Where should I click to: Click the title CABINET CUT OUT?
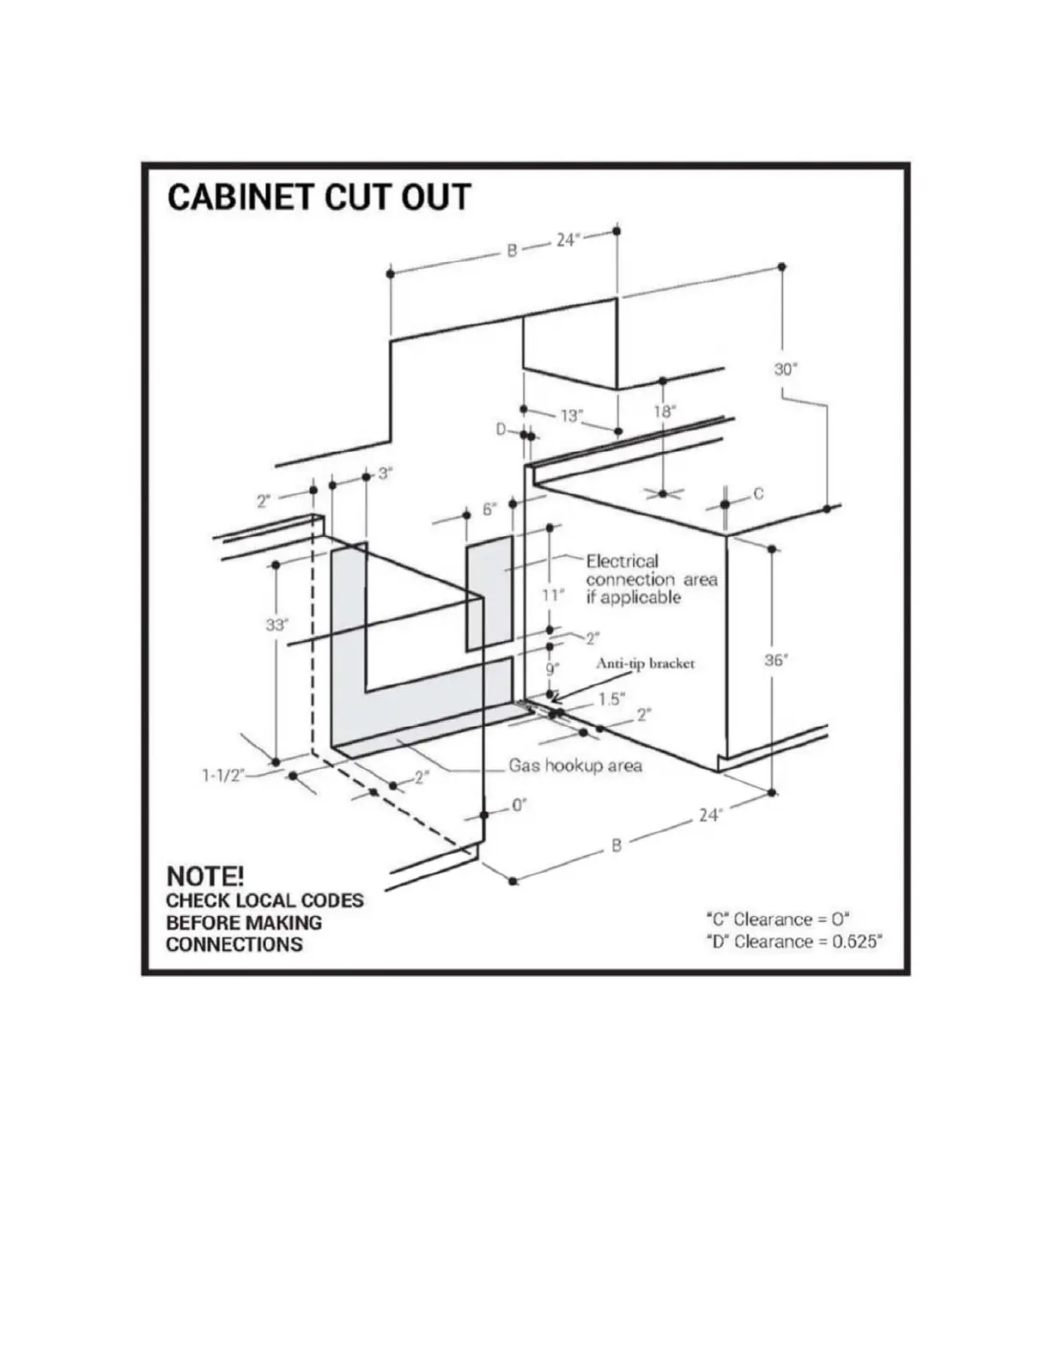319,197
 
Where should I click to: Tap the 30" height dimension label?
785,369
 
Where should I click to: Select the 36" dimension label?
776,660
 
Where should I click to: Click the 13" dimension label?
571,416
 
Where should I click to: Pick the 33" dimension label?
276,625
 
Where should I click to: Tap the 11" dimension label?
554,595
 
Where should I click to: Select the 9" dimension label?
552,668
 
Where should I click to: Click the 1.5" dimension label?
611,699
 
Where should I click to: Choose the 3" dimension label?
385,473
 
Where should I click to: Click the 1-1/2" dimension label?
222,776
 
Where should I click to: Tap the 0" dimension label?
519,805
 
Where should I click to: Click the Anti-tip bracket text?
645,663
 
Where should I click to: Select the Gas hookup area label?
575,766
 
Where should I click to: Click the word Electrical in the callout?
623,561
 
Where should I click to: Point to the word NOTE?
205,876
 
